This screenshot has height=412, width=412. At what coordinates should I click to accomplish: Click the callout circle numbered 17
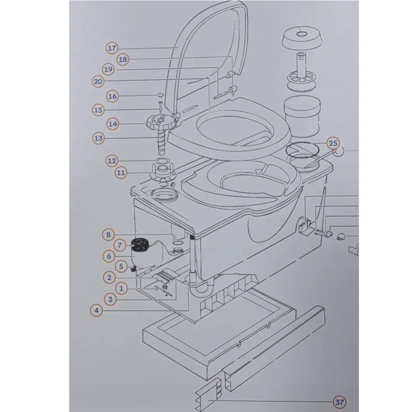pyautogui.click(x=112, y=48)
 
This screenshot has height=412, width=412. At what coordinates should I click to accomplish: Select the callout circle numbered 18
pyautogui.click(x=123, y=59)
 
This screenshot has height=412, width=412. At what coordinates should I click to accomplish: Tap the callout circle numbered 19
pyautogui.click(x=108, y=69)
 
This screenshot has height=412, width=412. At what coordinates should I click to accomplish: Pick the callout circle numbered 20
pyautogui.click(x=98, y=81)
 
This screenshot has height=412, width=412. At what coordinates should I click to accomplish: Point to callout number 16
pyautogui.click(x=112, y=96)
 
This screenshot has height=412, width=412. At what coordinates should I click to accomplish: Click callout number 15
pyautogui.click(x=98, y=110)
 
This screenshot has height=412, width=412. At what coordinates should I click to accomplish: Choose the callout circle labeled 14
pyautogui.click(x=112, y=124)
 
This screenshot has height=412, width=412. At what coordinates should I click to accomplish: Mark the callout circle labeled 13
pyautogui.click(x=98, y=138)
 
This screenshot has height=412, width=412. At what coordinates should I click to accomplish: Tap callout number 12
pyautogui.click(x=112, y=161)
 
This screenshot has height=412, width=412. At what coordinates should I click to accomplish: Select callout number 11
pyautogui.click(x=121, y=172)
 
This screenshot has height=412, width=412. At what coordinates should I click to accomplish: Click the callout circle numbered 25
pyautogui.click(x=333, y=143)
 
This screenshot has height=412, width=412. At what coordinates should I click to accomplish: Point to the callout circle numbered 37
pyautogui.click(x=339, y=403)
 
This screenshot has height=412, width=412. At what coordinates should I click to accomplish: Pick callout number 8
pyautogui.click(x=108, y=235)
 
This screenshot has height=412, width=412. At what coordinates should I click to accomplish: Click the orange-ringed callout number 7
pyautogui.click(x=119, y=245)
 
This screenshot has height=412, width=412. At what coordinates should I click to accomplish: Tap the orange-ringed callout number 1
pyautogui.click(x=121, y=288)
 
